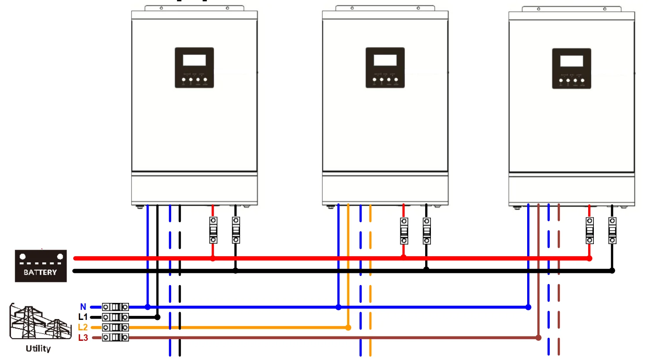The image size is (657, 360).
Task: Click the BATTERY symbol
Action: coord(41,266)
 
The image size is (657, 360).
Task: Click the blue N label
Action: coord(83,307)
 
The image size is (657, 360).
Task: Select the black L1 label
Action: coord(83,317)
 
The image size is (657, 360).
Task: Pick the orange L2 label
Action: coord(83,327)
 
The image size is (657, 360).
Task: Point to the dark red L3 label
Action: coord(83,338)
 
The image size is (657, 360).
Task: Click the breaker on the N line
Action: coord(115,307)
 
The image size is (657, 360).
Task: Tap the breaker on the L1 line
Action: coord(115,317)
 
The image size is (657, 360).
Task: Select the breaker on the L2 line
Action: coord(115,327)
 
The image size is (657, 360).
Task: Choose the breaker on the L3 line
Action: coord(115,337)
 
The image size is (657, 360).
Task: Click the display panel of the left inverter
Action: coord(194,68)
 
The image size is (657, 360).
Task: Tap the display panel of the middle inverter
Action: coord(385,68)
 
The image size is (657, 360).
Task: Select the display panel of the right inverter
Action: coord(572,68)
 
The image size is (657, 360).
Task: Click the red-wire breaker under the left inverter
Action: coord(213,230)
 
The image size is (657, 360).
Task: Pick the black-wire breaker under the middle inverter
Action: coord(427,231)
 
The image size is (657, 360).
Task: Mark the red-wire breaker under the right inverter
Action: coord(589,231)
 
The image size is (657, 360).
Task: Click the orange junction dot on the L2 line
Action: coord(348,328)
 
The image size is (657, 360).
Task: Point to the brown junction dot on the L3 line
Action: coord(538,338)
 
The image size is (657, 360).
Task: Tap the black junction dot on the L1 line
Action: coord(158,317)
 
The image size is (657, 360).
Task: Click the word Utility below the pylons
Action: coord(38,349)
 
